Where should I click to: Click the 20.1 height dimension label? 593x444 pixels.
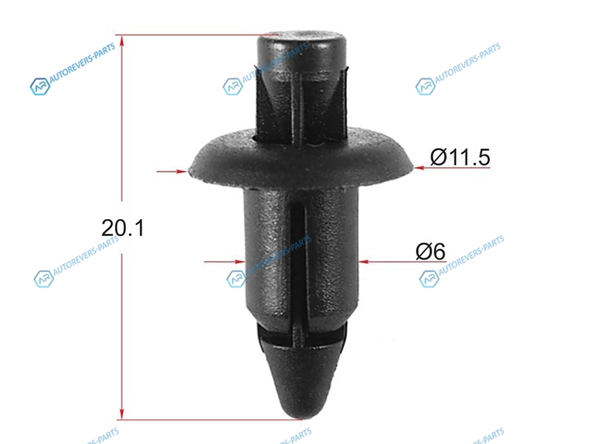coord(123,228)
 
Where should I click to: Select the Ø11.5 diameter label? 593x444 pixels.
coord(460,157)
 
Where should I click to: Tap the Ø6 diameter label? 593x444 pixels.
coord(431,251)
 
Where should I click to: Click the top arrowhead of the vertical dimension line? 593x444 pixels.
coord(122,41)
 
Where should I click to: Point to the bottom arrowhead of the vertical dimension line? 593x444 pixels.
coord(122,414)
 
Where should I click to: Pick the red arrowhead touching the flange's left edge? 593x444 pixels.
coord(182,172)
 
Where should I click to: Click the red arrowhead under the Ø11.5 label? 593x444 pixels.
coord(419,168)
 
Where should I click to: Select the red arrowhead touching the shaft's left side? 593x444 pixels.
coord(239,261)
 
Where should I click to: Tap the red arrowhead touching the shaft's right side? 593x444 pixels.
coord(364,261)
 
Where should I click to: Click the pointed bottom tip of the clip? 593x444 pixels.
coord(299,417)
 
